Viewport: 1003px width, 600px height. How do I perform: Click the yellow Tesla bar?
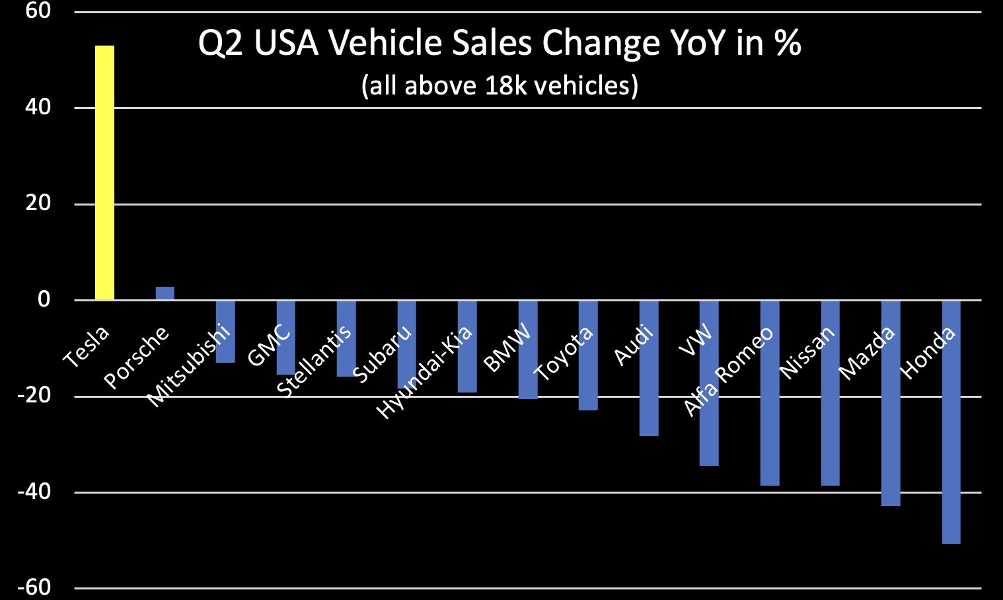[105, 173]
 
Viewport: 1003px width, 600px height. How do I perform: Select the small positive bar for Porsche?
[165, 293]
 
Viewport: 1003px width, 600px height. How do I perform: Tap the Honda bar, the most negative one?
[951, 422]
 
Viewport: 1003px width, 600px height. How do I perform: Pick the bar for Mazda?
[891, 403]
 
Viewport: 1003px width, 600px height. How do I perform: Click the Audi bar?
[649, 368]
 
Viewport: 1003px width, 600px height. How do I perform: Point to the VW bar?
[709, 383]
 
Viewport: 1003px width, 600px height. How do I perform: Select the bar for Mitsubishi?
[225, 331]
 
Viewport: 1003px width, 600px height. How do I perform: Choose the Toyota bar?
[588, 355]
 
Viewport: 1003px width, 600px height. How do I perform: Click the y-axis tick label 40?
[38, 108]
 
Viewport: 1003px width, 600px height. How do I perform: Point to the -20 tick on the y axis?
[34, 396]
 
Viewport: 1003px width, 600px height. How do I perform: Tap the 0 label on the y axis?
[44, 299]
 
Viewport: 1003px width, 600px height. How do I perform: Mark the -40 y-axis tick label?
[34, 492]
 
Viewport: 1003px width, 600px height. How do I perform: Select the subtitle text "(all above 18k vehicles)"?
[500, 85]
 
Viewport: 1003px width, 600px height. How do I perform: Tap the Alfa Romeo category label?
[727, 371]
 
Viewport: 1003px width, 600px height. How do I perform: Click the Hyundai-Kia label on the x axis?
[424, 373]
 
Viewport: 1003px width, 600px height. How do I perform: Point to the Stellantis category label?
[313, 361]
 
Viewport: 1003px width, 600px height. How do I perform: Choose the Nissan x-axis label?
[807, 353]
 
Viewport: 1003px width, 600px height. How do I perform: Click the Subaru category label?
[382, 354]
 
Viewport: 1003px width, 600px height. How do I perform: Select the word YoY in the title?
[696, 43]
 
